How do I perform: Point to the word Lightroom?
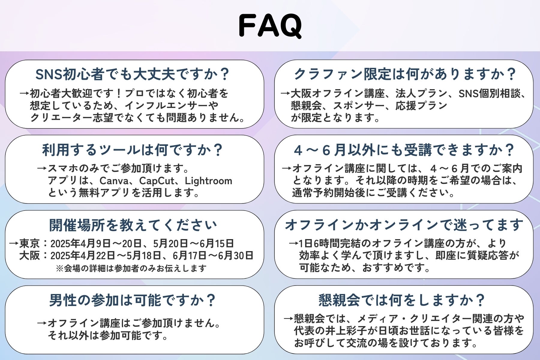tap(208, 181)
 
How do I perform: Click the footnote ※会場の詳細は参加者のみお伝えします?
tap(131, 268)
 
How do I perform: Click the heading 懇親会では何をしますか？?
tap(402, 300)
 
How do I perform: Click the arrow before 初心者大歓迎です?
tap(25, 94)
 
